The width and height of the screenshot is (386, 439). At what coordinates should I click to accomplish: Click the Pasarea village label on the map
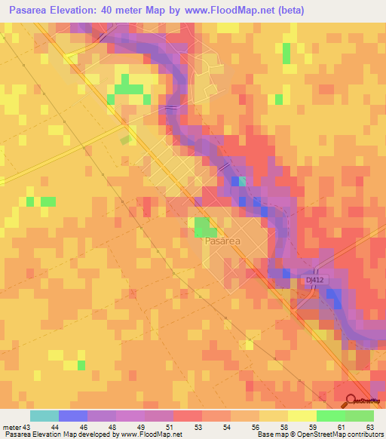click(222, 241)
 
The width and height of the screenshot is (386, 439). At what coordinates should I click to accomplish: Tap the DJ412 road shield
click(316, 279)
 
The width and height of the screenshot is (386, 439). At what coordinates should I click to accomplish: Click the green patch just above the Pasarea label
click(202, 226)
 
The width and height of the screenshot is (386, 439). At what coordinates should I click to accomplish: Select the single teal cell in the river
click(242, 181)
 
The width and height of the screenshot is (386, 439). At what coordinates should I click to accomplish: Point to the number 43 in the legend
click(26, 426)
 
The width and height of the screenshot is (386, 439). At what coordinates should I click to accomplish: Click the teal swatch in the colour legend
click(44, 416)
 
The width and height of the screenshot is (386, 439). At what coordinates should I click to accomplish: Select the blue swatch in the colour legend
click(72, 416)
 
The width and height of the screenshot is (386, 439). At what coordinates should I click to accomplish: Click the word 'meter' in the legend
click(11, 426)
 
